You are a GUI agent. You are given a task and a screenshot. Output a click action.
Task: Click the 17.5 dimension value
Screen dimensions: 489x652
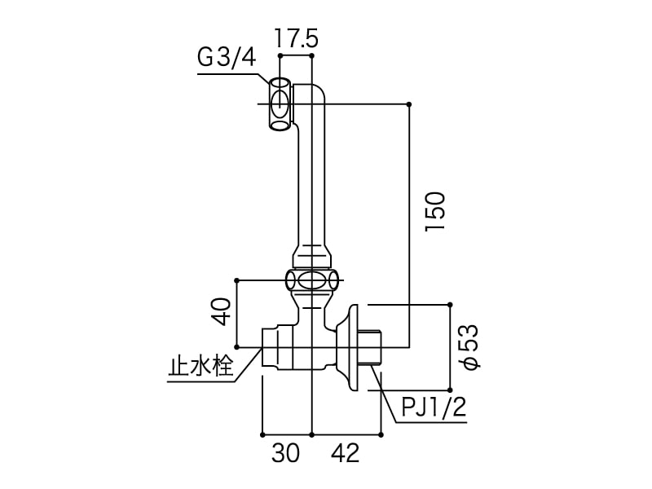pyautogui.click(x=296, y=38)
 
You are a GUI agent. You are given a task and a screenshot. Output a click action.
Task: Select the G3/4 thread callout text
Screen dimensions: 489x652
pyautogui.click(x=227, y=59)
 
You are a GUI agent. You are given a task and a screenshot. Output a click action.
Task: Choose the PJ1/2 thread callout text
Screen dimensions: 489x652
pyautogui.click(x=434, y=407)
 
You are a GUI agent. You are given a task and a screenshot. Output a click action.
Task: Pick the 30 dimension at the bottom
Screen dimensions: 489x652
pyautogui.click(x=285, y=453)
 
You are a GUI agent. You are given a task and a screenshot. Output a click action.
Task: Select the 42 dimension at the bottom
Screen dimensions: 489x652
pyautogui.click(x=346, y=453)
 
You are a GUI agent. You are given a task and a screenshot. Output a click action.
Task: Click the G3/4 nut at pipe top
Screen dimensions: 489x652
pyautogui.click(x=280, y=104)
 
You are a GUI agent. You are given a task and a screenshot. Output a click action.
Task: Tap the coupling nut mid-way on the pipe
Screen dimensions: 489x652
pyautogui.click(x=311, y=282)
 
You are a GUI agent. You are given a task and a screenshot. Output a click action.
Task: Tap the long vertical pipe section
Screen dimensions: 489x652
pyautogui.click(x=311, y=179)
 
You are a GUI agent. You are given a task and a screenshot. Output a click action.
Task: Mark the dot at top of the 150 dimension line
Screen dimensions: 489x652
pyautogui.click(x=408, y=104)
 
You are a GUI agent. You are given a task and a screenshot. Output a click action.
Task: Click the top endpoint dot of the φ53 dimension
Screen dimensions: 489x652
pyautogui.click(x=449, y=304)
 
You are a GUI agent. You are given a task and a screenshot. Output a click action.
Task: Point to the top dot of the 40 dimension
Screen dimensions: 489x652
pyautogui.click(x=236, y=280)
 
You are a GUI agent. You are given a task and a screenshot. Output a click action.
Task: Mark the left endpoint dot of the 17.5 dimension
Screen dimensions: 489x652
pyautogui.click(x=280, y=56)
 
